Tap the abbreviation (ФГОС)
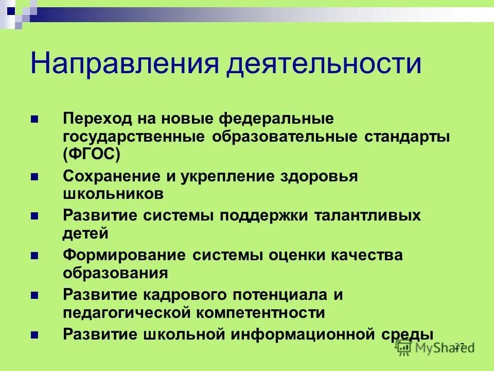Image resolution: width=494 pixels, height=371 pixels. pyautogui.click(x=92, y=153)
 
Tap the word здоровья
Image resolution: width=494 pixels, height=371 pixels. pyautogui.click(x=318, y=176)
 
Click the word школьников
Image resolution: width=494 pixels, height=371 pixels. pyautogui.click(x=113, y=193)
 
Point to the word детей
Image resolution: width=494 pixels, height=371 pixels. pyautogui.click(x=86, y=232)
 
